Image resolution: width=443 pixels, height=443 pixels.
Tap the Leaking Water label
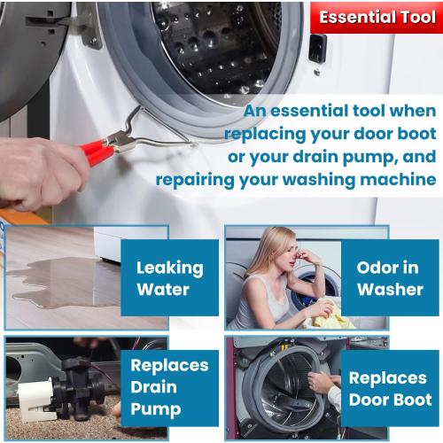[x=169, y=277]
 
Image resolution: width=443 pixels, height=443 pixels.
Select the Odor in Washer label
[x=389, y=277]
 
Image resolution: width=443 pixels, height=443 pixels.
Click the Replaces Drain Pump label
[x=169, y=387]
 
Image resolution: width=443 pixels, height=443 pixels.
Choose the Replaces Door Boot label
[x=390, y=389]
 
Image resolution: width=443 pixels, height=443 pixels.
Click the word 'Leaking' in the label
[x=169, y=267]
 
